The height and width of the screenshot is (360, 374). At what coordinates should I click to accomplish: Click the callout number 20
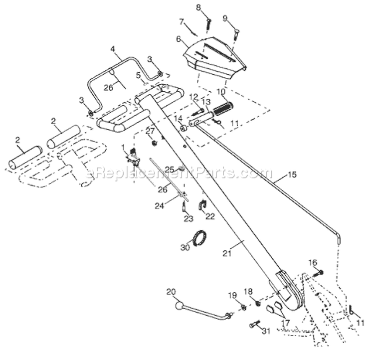click(x=173, y=292)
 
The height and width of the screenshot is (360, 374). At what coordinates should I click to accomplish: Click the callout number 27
click(x=149, y=131)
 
